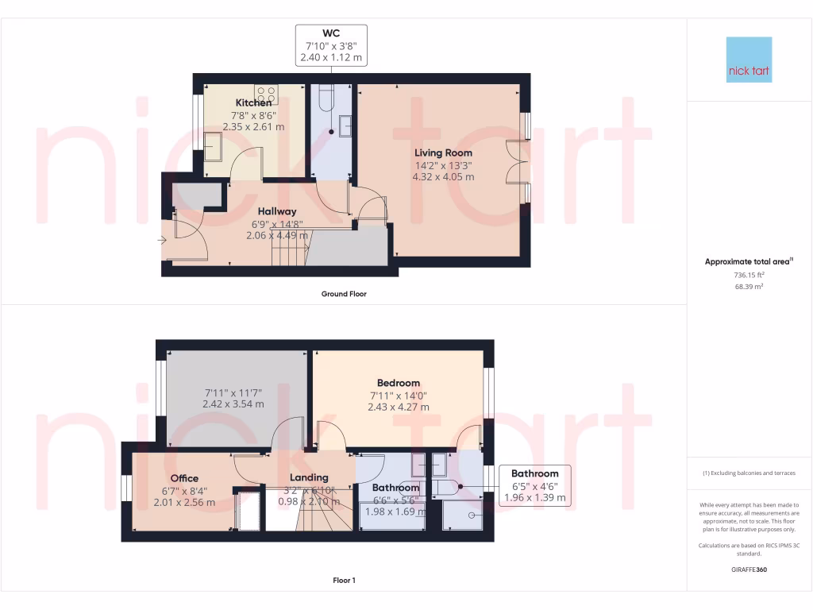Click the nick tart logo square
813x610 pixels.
749,60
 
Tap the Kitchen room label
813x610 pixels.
253,103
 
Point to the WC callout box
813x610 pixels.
331,44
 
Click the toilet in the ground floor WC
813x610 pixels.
326,99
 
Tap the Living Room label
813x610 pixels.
443,152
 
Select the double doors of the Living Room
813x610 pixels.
515,163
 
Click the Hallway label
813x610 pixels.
276,211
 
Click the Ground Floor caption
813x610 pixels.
344,294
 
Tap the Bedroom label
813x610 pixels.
398,383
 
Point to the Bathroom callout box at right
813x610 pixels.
536,485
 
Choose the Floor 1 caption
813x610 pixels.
344,581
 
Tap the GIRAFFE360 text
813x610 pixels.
749,569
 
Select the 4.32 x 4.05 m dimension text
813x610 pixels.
443,177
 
